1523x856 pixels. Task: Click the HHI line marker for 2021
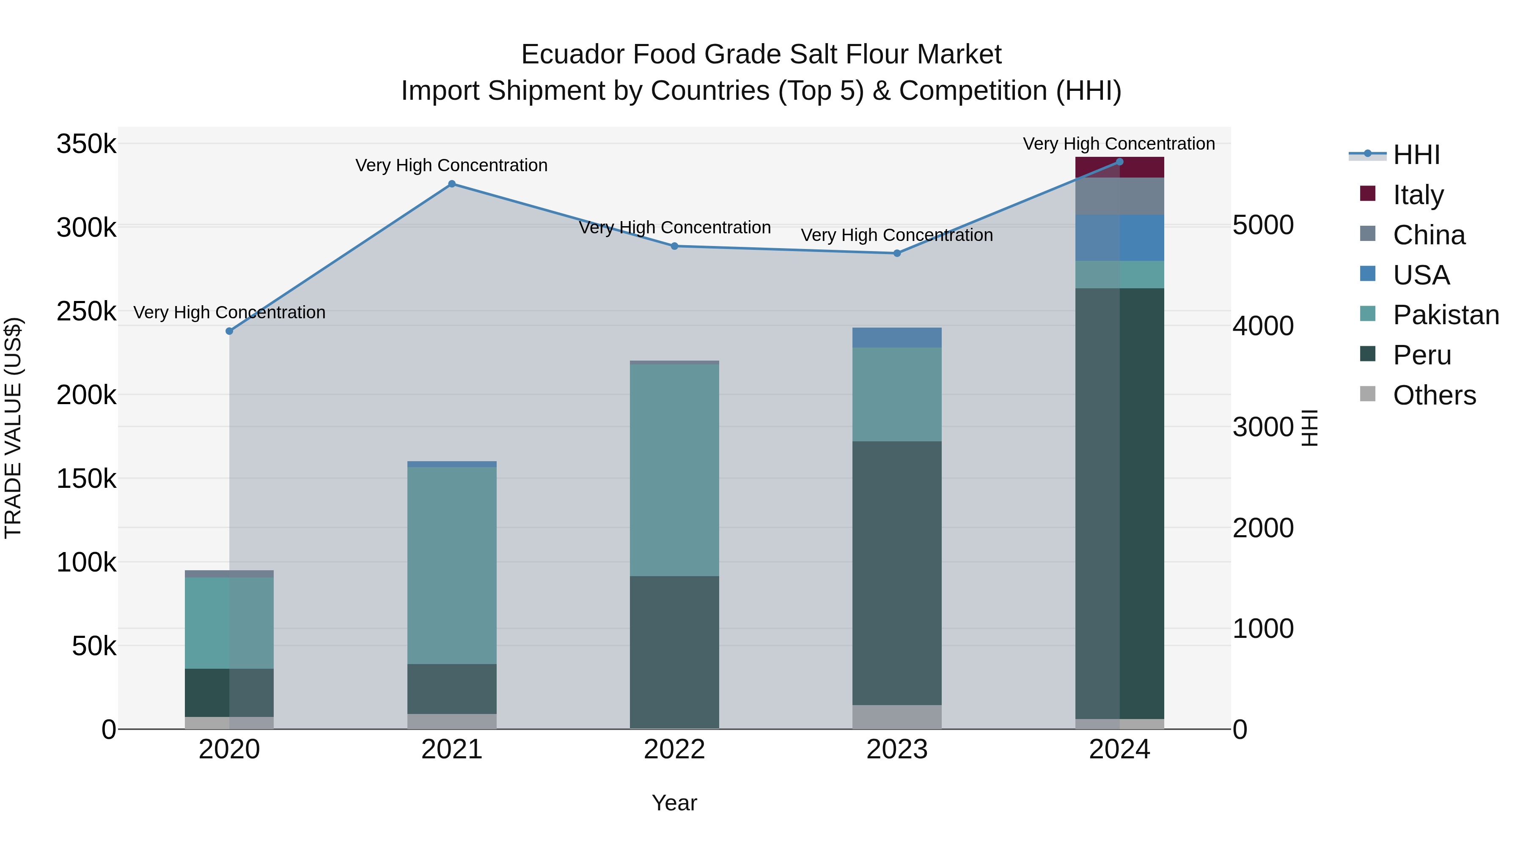point(452,184)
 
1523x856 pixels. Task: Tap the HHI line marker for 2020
point(229,331)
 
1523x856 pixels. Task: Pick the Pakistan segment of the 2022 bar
point(674,470)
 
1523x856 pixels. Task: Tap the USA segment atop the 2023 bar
point(897,337)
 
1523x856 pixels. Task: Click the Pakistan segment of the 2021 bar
point(452,565)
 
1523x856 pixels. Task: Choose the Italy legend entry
point(1418,195)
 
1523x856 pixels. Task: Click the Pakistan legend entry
point(1446,315)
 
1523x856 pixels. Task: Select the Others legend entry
point(1434,395)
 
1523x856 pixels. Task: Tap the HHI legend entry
point(1416,155)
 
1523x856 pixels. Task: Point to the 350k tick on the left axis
point(86,144)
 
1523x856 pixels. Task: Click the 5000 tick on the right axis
point(1263,225)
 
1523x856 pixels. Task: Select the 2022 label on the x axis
point(674,749)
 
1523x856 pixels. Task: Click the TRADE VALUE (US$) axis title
point(14,428)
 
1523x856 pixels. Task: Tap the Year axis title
point(674,803)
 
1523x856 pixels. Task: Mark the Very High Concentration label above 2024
point(1119,144)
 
